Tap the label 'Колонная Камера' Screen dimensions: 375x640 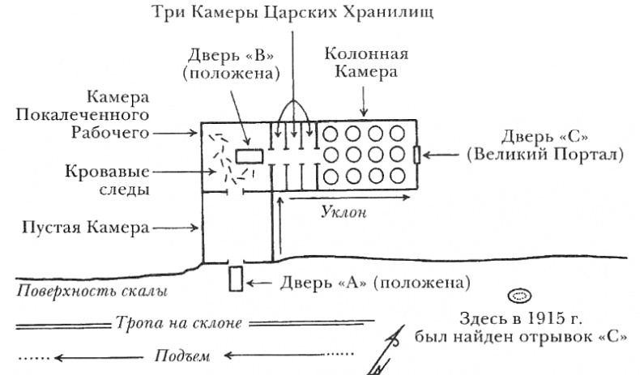tap(365, 63)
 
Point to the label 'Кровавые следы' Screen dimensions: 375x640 tap(109, 181)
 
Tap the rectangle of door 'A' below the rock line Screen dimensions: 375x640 tap(236, 278)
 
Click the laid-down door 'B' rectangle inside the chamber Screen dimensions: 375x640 tap(250, 156)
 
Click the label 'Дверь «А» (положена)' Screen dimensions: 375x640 tap(373, 283)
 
